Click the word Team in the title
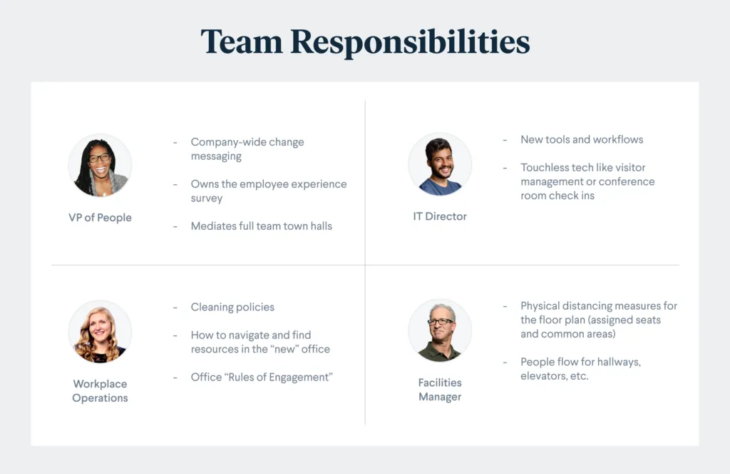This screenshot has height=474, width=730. (242, 41)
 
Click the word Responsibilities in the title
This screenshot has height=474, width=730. (410, 43)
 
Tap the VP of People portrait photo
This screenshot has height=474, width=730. (100, 166)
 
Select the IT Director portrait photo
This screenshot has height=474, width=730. (440, 164)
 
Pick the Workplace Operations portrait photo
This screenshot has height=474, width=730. (100, 331)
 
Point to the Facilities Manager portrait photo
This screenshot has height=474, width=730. (440, 331)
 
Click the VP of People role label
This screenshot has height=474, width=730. (100, 218)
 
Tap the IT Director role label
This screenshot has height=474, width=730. (440, 216)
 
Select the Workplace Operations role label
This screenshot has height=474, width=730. (100, 390)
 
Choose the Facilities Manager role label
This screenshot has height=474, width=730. (440, 390)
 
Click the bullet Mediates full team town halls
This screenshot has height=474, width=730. (262, 226)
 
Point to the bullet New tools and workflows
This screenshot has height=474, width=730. (582, 139)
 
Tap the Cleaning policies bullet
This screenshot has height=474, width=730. (233, 307)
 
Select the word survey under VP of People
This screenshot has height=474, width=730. (207, 198)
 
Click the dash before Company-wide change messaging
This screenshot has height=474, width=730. (175, 142)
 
